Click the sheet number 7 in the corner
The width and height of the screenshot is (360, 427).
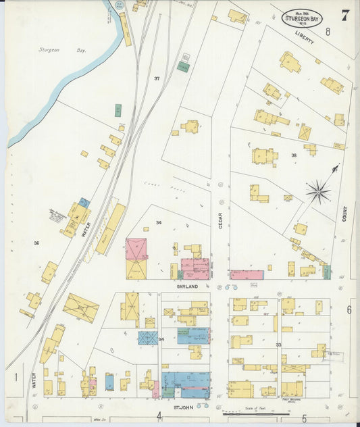[344, 16]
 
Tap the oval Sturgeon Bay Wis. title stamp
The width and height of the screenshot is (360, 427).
[302, 18]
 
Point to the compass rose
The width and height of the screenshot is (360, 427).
[318, 192]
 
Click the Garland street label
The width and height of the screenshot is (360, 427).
[187, 286]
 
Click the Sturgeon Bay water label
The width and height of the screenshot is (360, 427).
[50, 49]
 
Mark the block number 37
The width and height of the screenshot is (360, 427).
[157, 79]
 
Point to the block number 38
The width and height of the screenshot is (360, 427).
[293, 155]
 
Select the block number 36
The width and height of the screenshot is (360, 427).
[36, 243]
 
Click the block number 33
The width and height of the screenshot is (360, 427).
[278, 345]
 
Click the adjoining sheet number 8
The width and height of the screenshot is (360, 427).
[328, 32]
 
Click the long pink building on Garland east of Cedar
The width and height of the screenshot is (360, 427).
[247, 275]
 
